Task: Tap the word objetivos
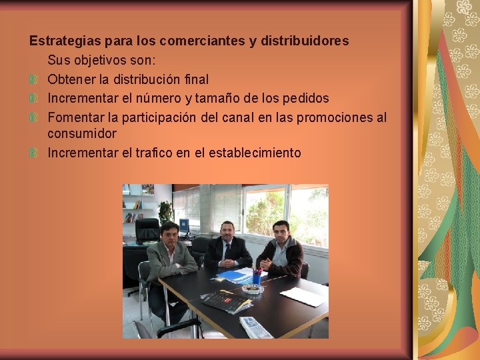click(x=101, y=60)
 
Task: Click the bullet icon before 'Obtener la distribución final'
click(x=34, y=79)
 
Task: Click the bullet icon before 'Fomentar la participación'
click(x=34, y=117)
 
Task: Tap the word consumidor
click(x=82, y=133)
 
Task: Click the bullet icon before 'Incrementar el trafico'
click(x=34, y=153)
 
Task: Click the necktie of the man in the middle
click(x=227, y=251)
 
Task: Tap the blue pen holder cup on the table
click(x=257, y=279)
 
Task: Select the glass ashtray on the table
click(x=252, y=289)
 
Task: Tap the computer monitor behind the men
click(x=184, y=226)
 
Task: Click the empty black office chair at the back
click(x=147, y=231)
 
